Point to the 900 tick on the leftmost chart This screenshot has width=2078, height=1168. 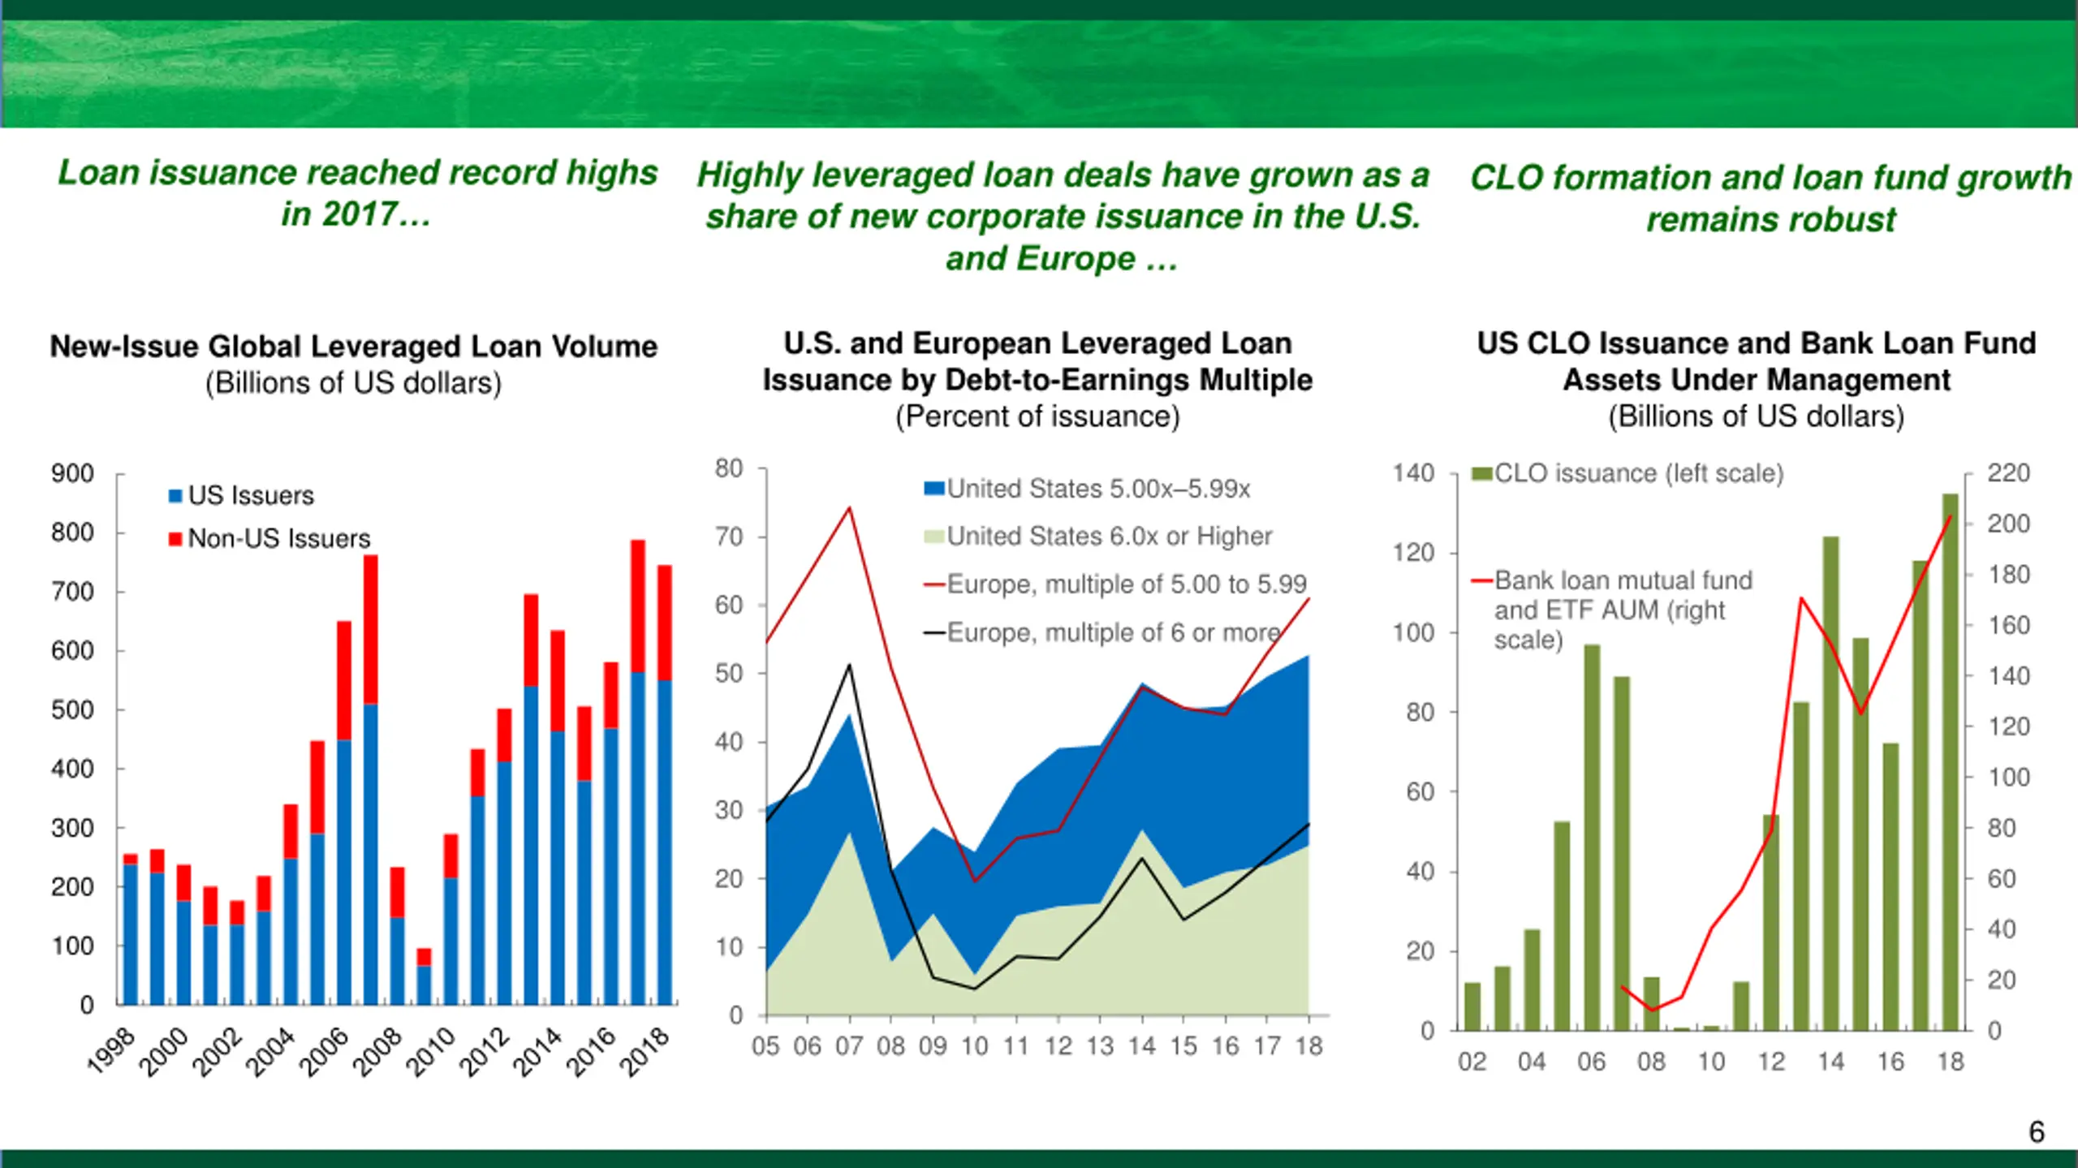73,473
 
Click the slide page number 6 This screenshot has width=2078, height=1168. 2037,1131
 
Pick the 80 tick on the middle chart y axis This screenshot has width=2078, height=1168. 729,468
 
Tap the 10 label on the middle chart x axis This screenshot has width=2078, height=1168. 974,1046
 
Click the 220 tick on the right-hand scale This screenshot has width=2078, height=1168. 2008,473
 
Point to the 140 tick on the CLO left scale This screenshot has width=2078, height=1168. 1414,473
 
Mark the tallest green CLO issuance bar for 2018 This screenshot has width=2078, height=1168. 1951,763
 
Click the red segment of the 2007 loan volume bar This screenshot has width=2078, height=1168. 371,629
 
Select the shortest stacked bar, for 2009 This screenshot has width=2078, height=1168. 424,978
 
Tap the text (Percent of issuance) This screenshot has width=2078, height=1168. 1037,416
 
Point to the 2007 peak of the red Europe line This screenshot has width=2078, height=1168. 850,508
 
